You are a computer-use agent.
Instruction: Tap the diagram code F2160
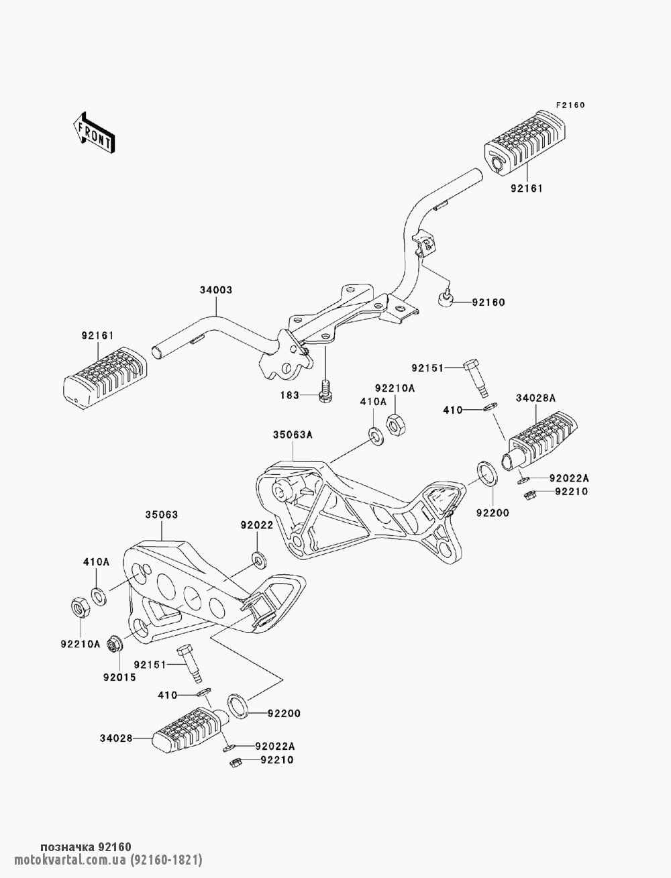click(570, 105)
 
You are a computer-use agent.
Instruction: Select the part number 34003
click(215, 291)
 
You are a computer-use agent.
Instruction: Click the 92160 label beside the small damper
click(488, 303)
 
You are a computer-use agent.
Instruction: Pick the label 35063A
click(293, 435)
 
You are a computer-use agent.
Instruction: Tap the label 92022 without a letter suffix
click(257, 525)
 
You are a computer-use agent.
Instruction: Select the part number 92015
click(119, 677)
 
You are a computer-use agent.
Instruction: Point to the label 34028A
click(535, 398)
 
